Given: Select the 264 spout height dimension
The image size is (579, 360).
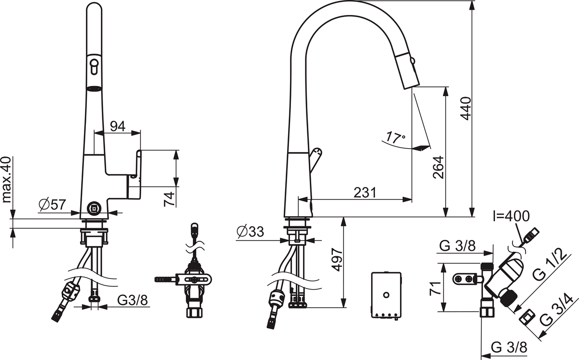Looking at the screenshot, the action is pos(439,167).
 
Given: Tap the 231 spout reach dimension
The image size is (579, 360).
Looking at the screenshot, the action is pos(365,193).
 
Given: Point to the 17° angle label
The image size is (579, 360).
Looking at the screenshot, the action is pos(396,138).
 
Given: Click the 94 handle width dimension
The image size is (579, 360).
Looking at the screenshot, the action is pos(118,126).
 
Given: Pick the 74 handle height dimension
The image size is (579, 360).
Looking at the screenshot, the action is pos(169,199).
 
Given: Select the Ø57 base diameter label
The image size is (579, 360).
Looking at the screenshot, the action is pos(53,205).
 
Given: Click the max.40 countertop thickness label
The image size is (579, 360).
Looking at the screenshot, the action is pos(6,180).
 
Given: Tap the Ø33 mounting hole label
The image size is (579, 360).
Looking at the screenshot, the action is pos(250,232).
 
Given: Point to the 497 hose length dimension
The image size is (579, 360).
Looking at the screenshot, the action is pos(337,260).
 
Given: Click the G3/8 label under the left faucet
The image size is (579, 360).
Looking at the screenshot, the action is pos(132,300).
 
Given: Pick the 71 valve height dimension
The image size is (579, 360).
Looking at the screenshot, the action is pos(435,289).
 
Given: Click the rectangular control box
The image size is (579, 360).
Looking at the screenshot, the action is pos(386,295).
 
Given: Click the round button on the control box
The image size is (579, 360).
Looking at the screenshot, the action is pos(386,295).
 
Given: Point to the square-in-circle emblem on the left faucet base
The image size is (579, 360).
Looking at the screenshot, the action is pos(93,208).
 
